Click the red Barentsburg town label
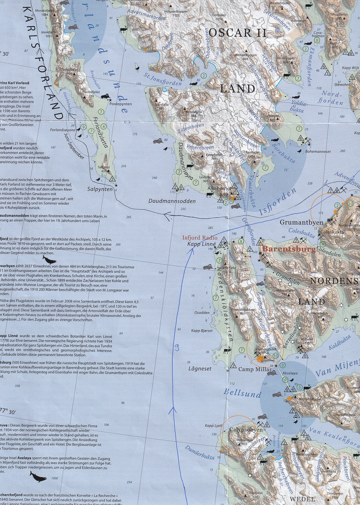[289, 249]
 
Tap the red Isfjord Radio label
[200, 238]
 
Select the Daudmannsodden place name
[172, 201]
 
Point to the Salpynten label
[100, 189]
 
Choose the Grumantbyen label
[301, 222]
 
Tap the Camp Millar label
[255, 369]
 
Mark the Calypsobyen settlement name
[246, 430]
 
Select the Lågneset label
[200, 369]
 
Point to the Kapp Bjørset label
[202, 331]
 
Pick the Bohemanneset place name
[318, 152]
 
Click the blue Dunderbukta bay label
[200, 453]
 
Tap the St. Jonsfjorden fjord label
[162, 79]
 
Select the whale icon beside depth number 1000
[38, 477]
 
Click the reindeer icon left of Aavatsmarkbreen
[124, 29]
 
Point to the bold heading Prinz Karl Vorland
[15, 83]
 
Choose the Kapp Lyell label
[213, 426]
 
